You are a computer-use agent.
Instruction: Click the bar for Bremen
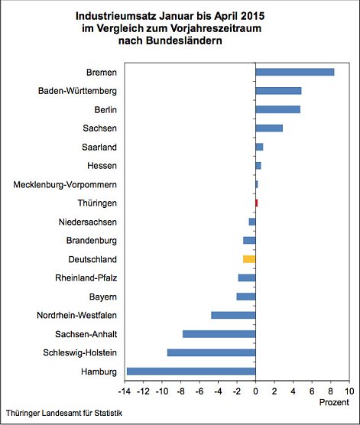pyautogui.click(x=294, y=72)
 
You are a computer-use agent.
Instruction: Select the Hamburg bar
pyautogui.click(x=191, y=371)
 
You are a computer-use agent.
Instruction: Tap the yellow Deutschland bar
pyautogui.click(x=249, y=259)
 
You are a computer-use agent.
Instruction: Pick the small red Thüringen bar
pyautogui.click(x=256, y=203)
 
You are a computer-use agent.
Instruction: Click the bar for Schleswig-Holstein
pyautogui.click(x=211, y=352)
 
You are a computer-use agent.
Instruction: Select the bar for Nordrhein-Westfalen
pyautogui.click(x=233, y=315)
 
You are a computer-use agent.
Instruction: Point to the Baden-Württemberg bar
pyautogui.click(x=278, y=91)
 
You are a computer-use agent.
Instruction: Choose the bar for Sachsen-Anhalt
pyautogui.click(x=219, y=333)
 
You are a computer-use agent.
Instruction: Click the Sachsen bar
pyautogui.click(x=269, y=128)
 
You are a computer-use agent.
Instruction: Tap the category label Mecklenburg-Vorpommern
pyautogui.click(x=66, y=184)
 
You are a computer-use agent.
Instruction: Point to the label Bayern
pyautogui.click(x=102, y=296)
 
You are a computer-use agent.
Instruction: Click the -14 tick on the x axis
pyautogui.click(x=124, y=390)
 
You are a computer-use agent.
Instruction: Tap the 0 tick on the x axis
pyautogui.click(x=255, y=390)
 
